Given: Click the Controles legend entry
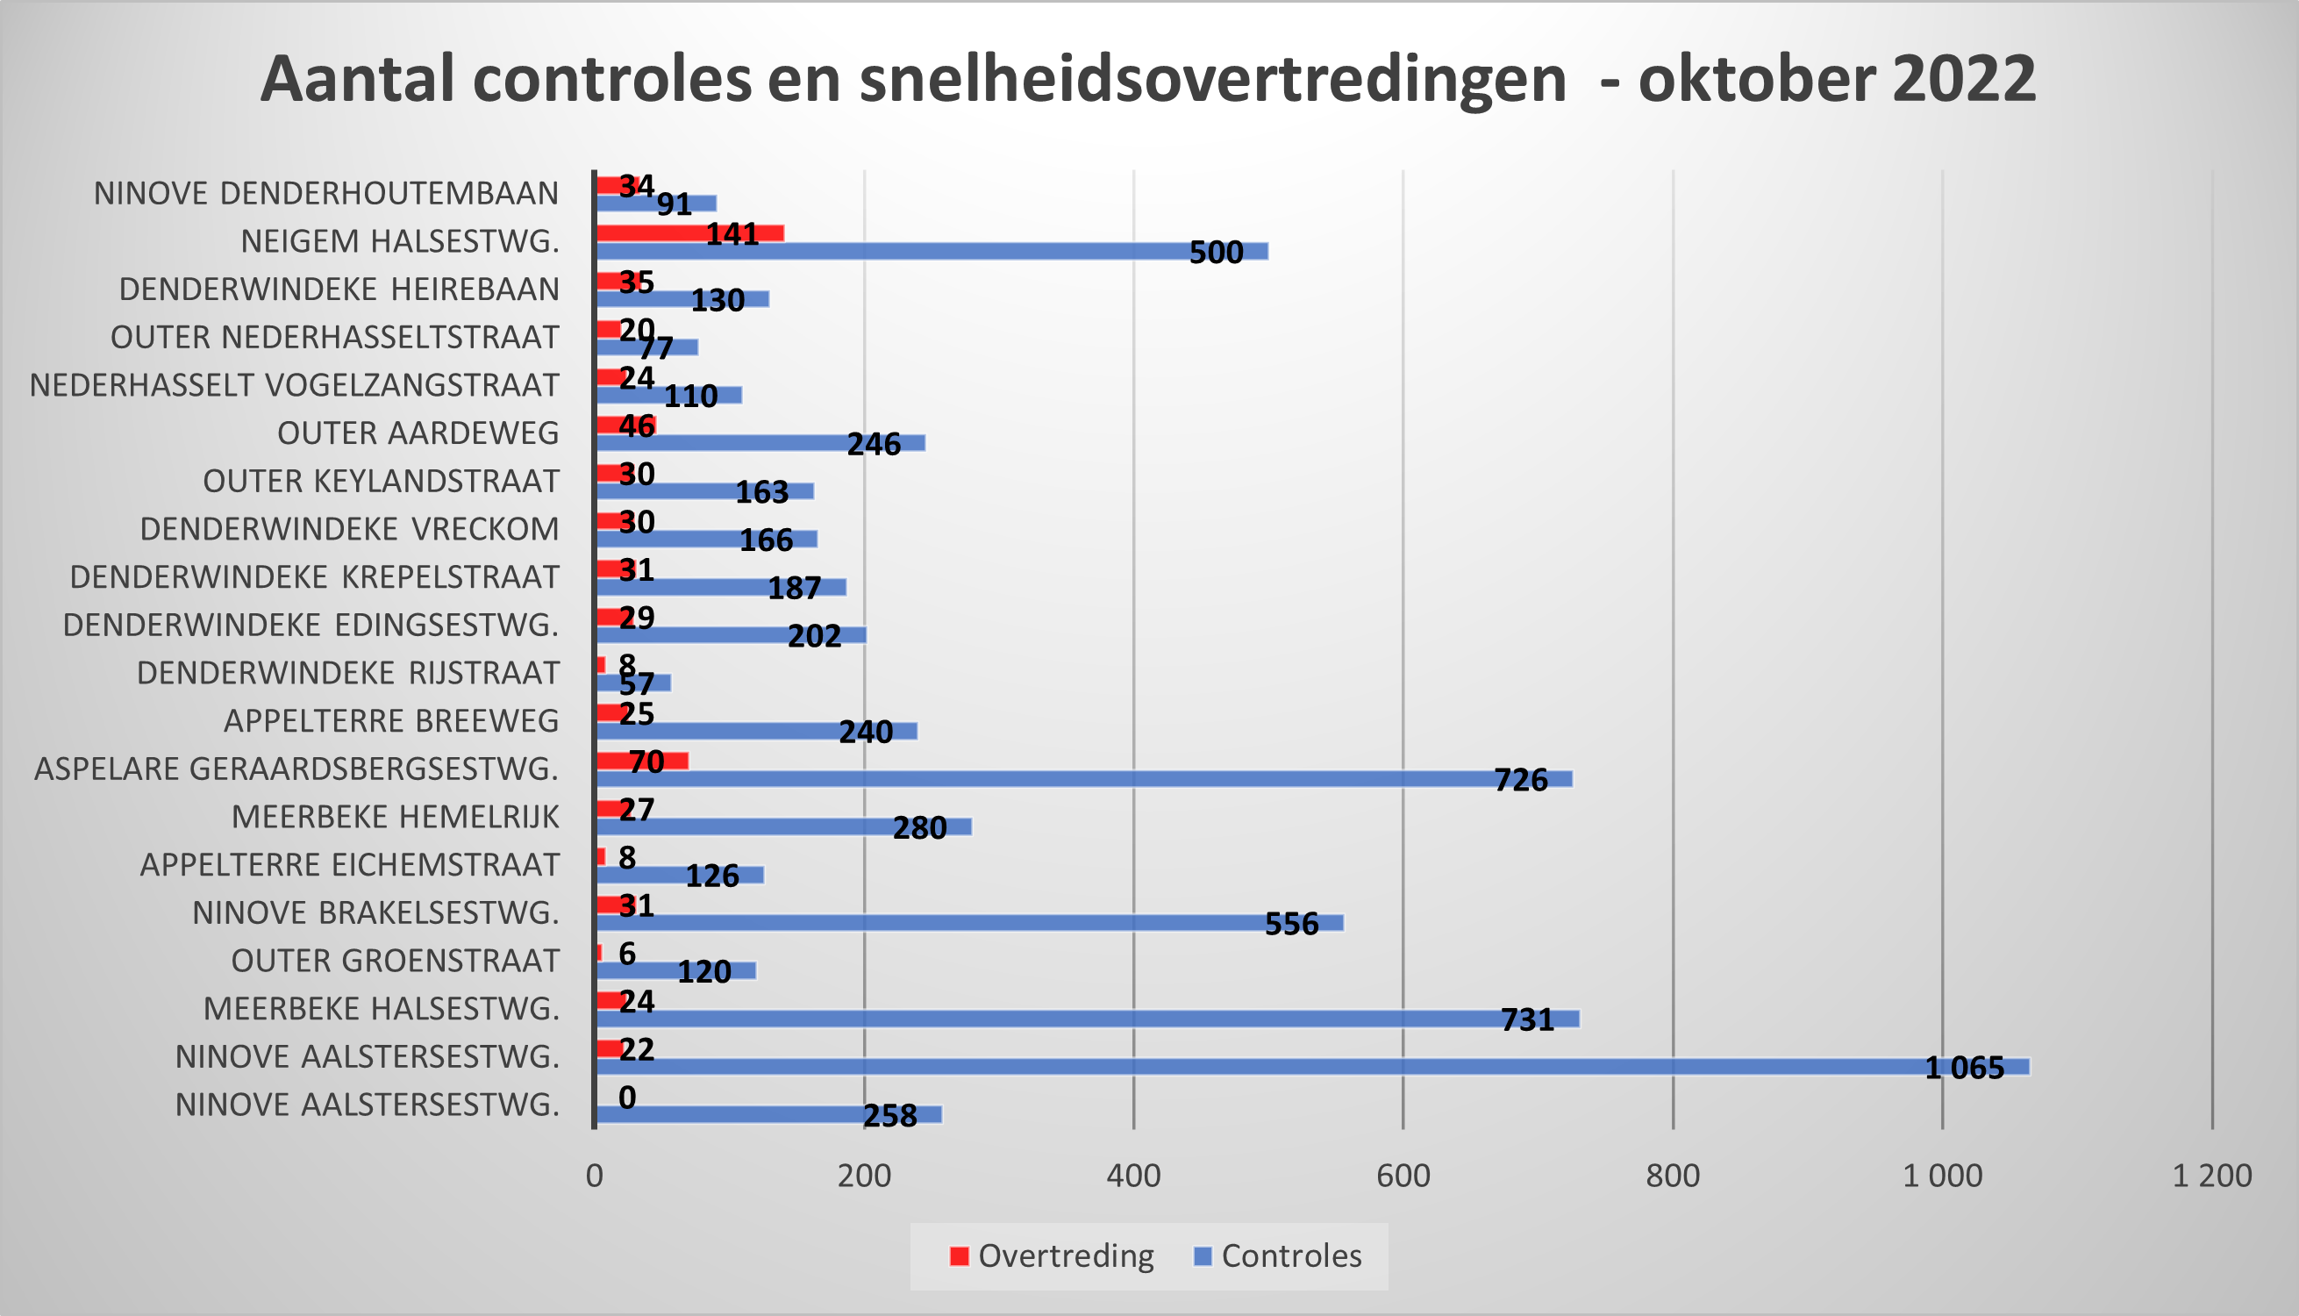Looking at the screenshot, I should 1278,1256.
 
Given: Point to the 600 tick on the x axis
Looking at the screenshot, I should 1403,1176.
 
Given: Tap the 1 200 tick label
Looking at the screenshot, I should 2211,1176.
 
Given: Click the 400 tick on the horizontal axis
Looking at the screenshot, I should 1133,1176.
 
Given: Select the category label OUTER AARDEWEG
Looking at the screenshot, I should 418,433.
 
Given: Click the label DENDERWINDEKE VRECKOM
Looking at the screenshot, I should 349,529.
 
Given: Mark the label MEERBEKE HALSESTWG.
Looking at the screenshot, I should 381,1009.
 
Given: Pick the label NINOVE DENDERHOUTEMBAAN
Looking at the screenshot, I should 325,193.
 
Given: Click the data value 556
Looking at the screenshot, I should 1291,924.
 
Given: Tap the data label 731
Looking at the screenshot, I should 1527,1019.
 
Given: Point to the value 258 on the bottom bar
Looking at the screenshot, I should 890,1116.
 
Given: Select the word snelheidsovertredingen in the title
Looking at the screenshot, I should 1212,80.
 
